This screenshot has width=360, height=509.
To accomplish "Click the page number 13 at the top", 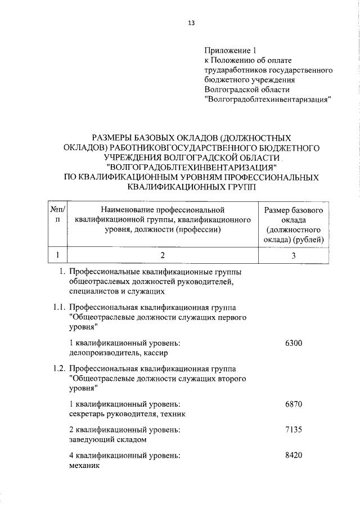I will click(191, 23).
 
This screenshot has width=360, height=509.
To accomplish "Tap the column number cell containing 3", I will click(293, 255).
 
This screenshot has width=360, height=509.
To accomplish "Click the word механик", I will click(84, 466).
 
